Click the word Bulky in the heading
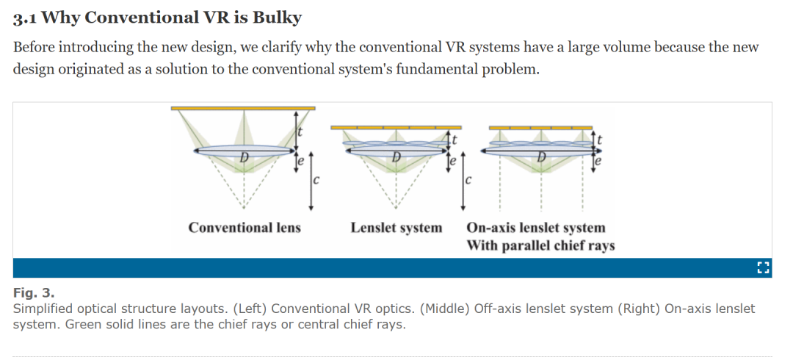(x=276, y=17)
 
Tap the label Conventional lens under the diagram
(x=245, y=228)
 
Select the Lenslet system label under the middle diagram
(x=396, y=228)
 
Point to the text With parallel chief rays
(x=540, y=245)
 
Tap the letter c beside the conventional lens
(x=316, y=179)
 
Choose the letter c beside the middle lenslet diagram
(x=468, y=179)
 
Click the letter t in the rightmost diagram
(x=601, y=138)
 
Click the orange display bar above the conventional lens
(x=243, y=108)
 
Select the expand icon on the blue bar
(x=762, y=267)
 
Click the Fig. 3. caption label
(x=34, y=292)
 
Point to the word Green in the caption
(x=84, y=324)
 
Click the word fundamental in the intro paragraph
(x=438, y=70)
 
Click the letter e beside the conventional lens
(x=300, y=159)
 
